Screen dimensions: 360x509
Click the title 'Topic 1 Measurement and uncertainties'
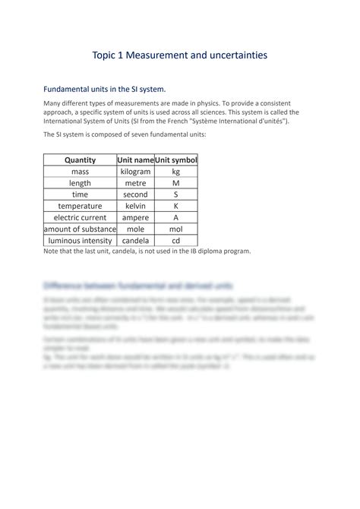point(179,55)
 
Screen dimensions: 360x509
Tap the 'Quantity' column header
point(80,160)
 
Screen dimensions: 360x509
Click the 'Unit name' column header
point(135,160)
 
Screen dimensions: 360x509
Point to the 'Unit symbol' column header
point(175,160)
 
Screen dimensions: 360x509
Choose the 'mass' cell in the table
point(80,172)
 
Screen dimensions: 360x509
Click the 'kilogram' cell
point(135,172)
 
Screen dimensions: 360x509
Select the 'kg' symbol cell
point(175,172)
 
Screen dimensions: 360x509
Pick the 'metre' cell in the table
point(135,183)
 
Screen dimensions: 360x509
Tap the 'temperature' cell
point(80,206)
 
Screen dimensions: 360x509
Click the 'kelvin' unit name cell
point(135,206)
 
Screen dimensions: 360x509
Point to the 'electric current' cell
point(80,217)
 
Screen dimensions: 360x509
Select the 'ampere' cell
point(135,217)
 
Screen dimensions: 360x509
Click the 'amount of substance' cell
point(80,229)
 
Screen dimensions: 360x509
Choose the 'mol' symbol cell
point(175,229)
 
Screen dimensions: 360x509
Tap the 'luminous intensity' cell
point(80,240)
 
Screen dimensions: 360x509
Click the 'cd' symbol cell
point(175,240)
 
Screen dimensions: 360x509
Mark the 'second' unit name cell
point(135,194)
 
